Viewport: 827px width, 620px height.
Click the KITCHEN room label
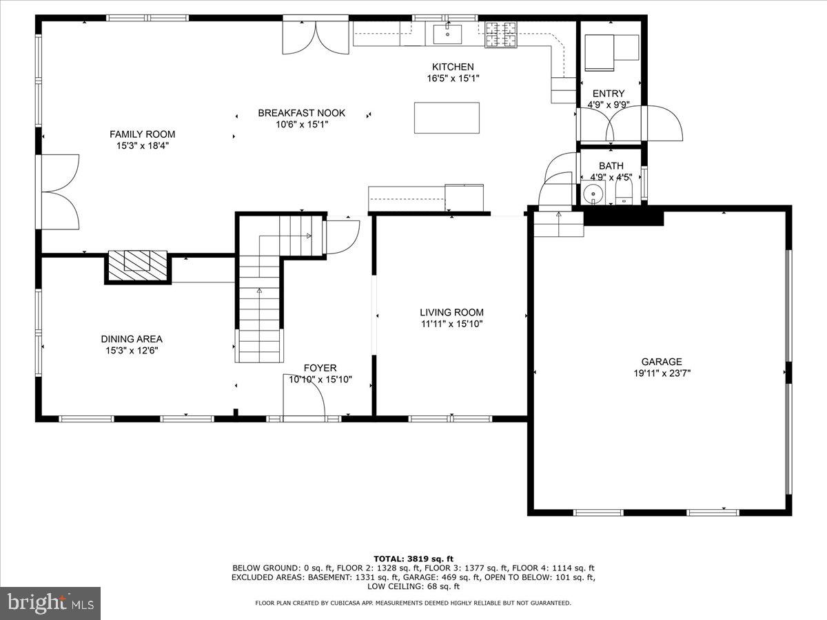click(x=453, y=67)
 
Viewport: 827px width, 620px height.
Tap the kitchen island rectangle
click(x=447, y=118)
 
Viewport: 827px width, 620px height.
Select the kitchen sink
click(x=447, y=33)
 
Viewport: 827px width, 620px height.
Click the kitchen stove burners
click(x=502, y=34)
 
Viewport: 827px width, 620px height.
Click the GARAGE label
click(x=662, y=362)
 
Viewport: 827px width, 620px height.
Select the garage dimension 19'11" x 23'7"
click(x=662, y=373)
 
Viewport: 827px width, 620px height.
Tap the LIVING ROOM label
click(x=452, y=312)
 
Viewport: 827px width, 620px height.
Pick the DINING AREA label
click(x=132, y=339)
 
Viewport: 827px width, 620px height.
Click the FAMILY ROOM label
click(x=142, y=134)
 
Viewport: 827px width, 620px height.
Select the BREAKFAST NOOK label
click(x=301, y=113)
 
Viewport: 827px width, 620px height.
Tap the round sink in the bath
click(x=592, y=195)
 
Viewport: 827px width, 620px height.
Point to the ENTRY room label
click(x=609, y=94)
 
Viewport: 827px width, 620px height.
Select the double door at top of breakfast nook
click(x=316, y=38)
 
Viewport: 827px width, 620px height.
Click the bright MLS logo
click(x=50, y=603)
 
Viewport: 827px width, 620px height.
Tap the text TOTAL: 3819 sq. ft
click(x=413, y=559)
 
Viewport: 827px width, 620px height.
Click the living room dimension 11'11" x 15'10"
click(x=452, y=324)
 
